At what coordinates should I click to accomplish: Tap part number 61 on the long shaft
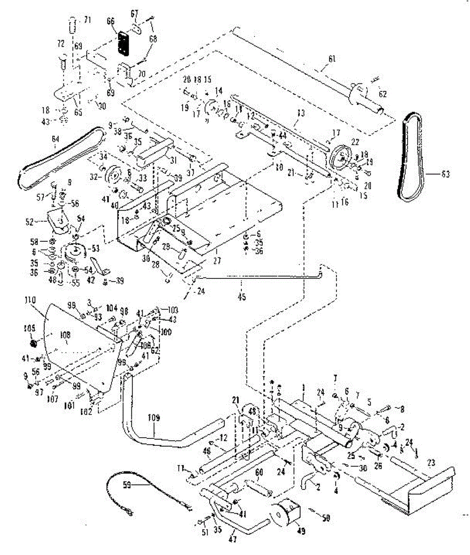(x=332, y=59)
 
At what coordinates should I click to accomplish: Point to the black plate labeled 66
(x=123, y=43)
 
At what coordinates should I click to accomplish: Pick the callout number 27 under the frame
(x=216, y=261)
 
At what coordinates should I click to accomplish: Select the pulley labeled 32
(x=112, y=176)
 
